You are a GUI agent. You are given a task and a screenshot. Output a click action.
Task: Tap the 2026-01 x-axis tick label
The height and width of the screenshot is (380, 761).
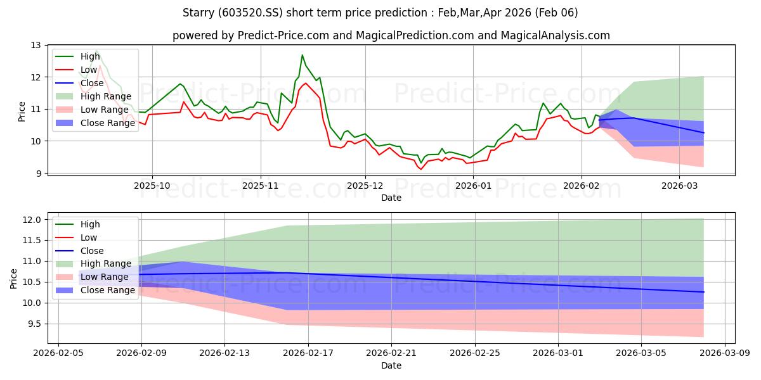pos(473,186)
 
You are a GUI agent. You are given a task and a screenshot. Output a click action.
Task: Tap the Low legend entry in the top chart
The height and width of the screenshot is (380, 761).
pos(89,69)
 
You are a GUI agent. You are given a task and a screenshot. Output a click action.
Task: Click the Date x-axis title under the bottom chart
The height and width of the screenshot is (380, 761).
pos(391,365)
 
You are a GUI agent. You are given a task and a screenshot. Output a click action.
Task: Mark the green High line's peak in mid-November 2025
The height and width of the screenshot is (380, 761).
pos(302,55)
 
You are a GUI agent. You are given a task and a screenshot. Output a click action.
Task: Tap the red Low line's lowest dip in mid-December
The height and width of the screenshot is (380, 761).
pos(420,169)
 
